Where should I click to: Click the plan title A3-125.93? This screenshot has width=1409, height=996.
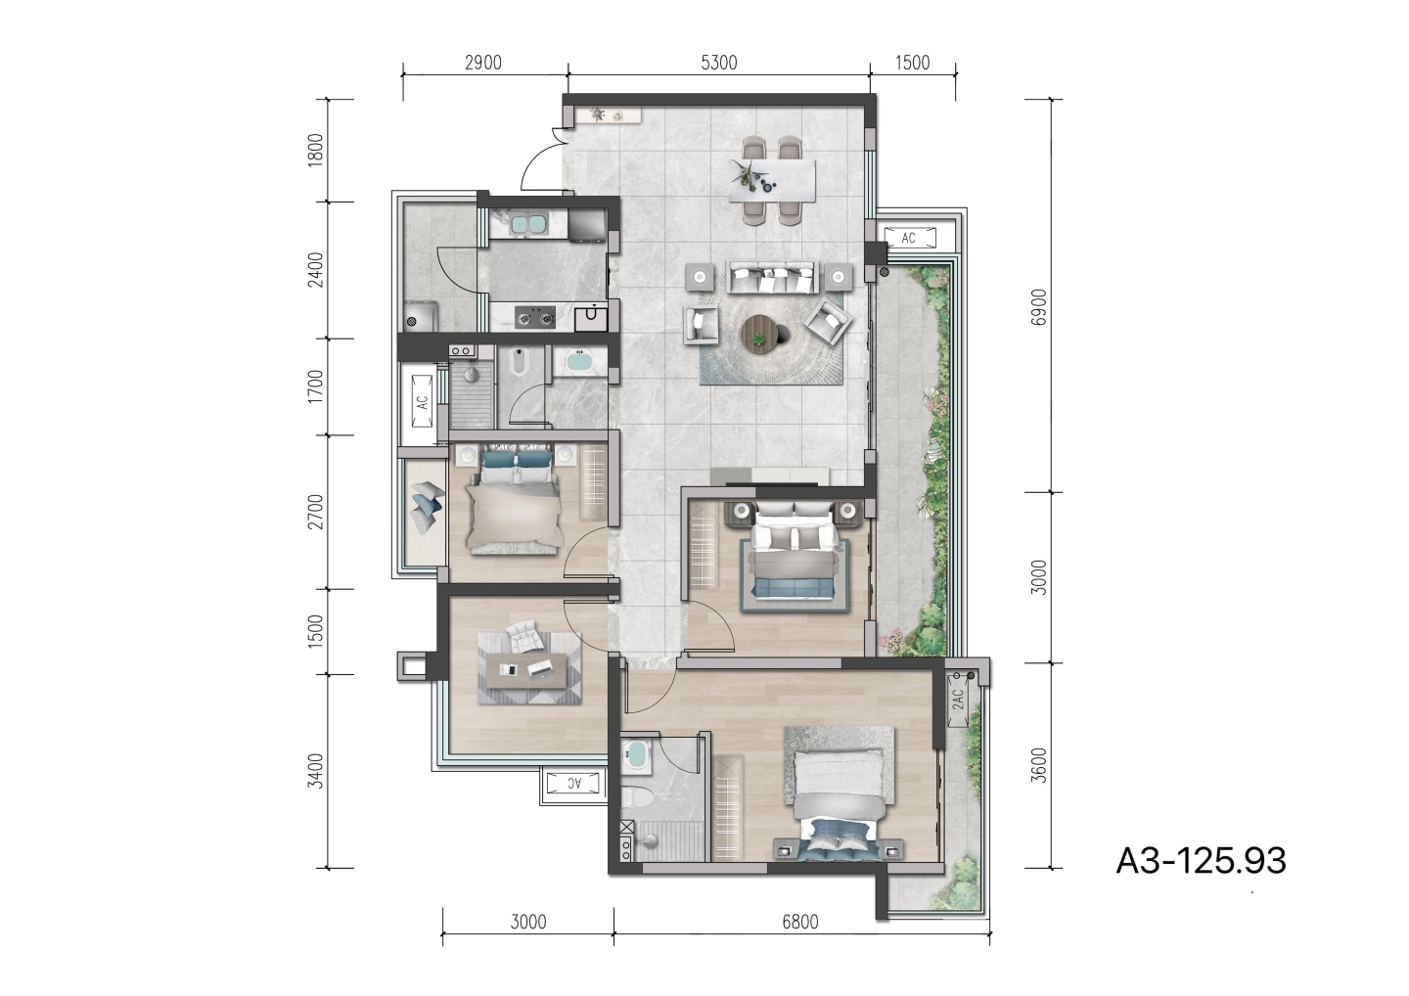(1201, 861)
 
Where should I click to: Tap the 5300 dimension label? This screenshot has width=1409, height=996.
(718, 63)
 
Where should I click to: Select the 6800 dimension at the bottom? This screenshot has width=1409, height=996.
(800, 923)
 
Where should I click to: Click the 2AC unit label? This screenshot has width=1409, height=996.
(958, 700)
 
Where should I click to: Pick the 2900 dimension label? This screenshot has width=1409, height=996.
(483, 63)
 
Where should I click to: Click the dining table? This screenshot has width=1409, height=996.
(772, 181)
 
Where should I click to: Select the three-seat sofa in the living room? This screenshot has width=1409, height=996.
(773, 277)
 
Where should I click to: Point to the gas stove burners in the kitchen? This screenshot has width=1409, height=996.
(535, 316)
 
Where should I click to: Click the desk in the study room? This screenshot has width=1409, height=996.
(528, 670)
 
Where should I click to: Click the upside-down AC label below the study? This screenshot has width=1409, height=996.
(573, 784)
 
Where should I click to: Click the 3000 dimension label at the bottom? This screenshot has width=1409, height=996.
(528, 923)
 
